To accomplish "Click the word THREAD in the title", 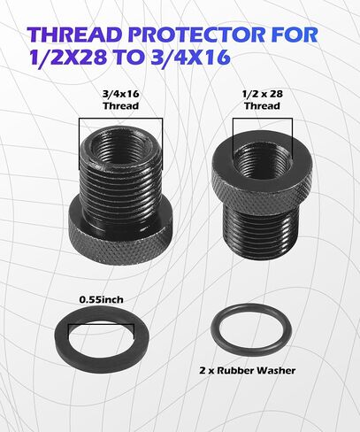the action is click(x=76, y=35).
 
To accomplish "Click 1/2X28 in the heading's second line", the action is click(x=68, y=57).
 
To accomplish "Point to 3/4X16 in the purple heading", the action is click(x=189, y=57).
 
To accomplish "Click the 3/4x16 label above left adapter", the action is click(x=121, y=94).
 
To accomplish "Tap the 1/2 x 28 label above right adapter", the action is click(x=263, y=94).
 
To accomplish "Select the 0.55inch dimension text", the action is click(x=101, y=300).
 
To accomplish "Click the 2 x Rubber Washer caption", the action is click(x=248, y=371).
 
